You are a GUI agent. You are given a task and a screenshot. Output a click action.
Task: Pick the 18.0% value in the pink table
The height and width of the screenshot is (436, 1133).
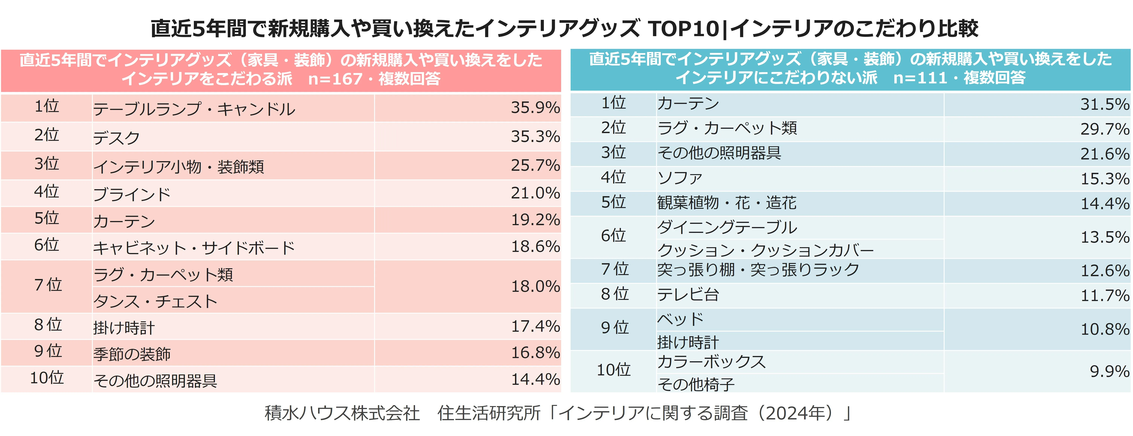(535, 287)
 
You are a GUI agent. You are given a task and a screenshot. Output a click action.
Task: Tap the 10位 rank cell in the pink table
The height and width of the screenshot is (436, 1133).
(47, 378)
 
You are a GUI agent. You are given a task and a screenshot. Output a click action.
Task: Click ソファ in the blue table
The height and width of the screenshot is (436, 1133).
(680, 178)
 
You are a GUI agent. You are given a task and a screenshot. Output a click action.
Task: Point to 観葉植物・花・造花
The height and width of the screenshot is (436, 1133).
(727, 203)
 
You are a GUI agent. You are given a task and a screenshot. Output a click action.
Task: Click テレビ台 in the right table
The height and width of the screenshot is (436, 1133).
(688, 294)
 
